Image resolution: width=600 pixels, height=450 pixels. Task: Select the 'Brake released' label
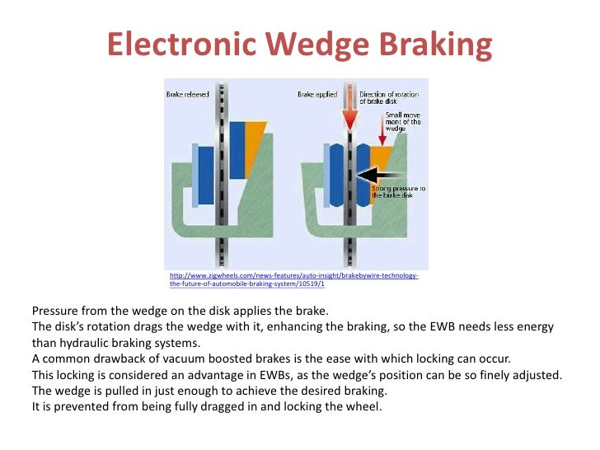185,96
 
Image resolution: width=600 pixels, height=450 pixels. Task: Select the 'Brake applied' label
317,96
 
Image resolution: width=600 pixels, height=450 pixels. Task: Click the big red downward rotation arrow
348,111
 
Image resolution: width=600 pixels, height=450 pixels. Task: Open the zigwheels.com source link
293,279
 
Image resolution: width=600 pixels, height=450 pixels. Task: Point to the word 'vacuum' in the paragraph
171,359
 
